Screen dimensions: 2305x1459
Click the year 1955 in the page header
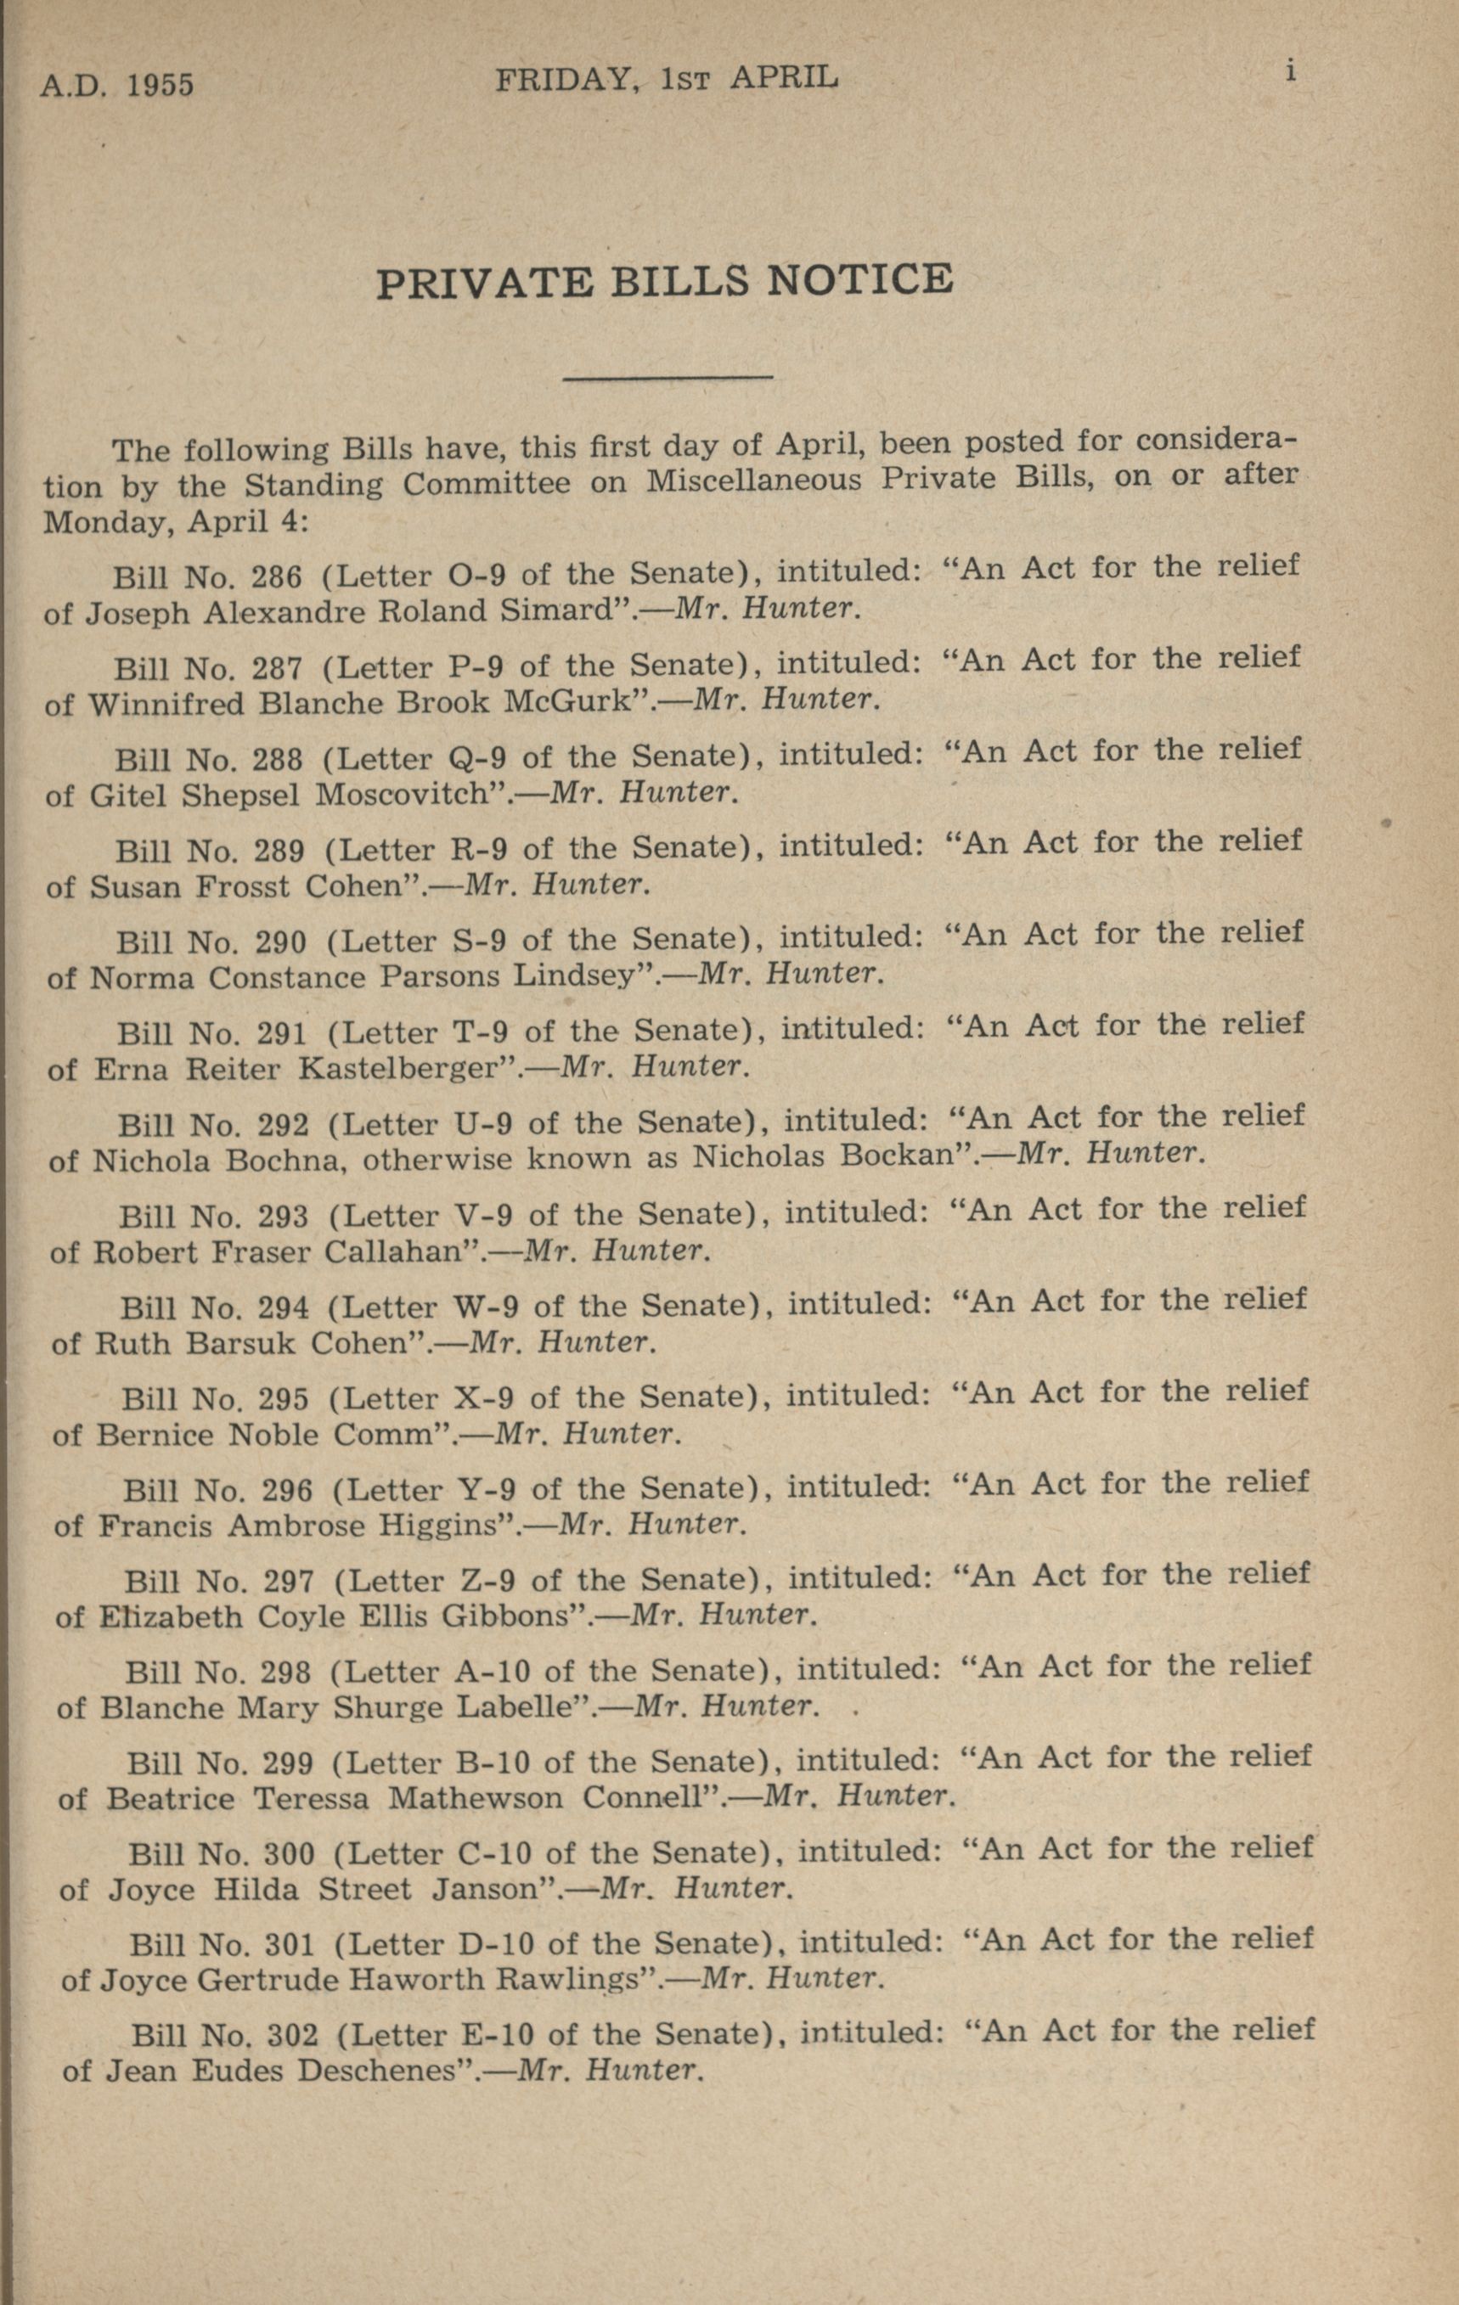point(160,85)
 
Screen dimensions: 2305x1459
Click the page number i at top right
point(1291,72)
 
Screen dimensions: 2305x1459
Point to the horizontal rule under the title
point(668,377)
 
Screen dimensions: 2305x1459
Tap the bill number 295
point(284,1402)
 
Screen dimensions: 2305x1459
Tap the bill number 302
point(290,2036)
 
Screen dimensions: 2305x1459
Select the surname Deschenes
point(376,2072)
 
